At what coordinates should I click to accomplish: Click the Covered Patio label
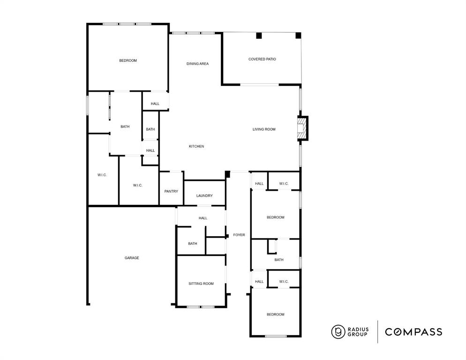point(262,60)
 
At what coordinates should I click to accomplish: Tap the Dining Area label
point(197,64)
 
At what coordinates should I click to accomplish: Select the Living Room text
point(264,129)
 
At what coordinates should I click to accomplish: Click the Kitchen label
point(196,147)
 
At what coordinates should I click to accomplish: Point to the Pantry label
point(171,191)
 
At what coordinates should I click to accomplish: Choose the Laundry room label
point(204,196)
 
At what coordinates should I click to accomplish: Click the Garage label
point(132,258)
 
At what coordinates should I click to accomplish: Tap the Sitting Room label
point(201,284)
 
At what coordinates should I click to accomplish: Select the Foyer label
point(239,235)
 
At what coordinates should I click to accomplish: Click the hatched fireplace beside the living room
point(302,128)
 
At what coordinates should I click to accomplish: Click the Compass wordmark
point(413,332)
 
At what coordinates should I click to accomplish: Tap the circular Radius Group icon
point(338,332)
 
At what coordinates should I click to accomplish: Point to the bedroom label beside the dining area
point(128,60)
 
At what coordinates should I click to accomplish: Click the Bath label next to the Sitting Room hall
point(193,244)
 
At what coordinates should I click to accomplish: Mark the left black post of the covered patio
point(259,36)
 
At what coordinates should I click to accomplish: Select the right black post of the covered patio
point(298,36)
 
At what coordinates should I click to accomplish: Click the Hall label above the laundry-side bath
point(203,218)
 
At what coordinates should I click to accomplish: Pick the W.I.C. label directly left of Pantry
point(137,186)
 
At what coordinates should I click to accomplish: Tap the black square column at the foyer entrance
point(228,174)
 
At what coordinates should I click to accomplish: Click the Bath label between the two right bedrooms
point(279,260)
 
